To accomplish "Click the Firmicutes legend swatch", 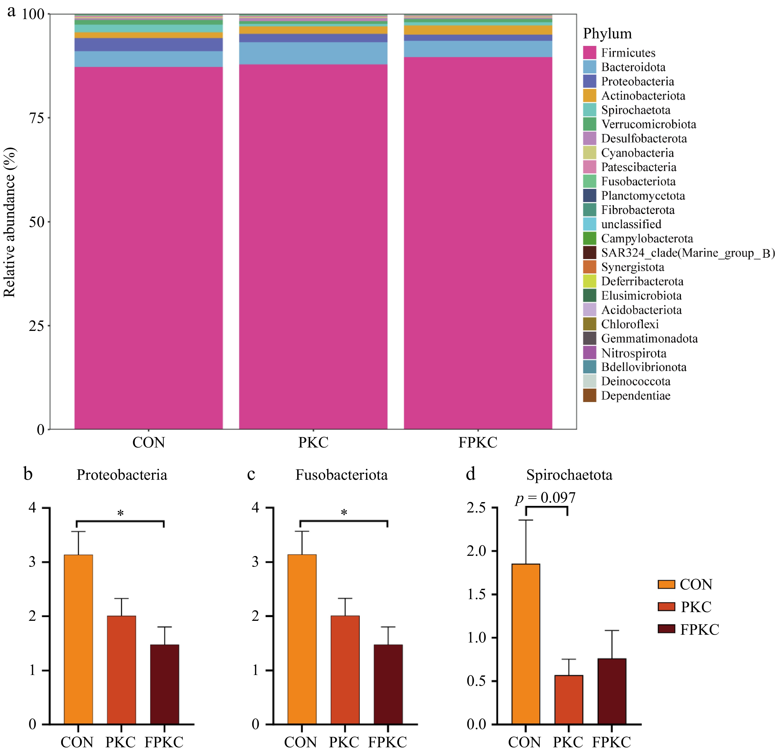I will click(x=589, y=53).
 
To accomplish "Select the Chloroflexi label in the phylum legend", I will click(x=630, y=324).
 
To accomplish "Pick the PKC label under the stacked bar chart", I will click(x=313, y=442).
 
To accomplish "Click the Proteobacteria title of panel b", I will click(x=122, y=475).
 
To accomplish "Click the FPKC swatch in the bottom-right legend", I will click(x=666, y=629).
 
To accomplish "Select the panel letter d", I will click(x=471, y=474).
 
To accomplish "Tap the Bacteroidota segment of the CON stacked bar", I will click(x=148, y=59).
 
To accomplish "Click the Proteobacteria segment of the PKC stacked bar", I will click(x=313, y=38).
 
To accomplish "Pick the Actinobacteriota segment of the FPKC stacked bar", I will click(x=478, y=30).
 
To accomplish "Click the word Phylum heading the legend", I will click(x=607, y=34).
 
